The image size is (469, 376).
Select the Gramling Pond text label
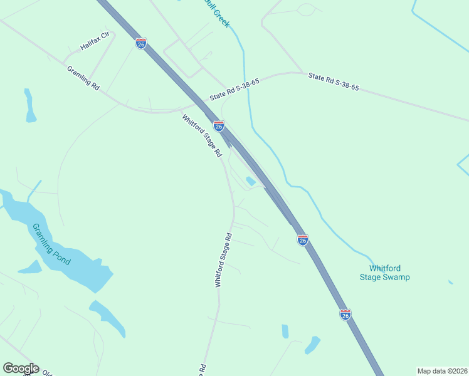click(52, 244)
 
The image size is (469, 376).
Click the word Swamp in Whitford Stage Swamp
click(396, 277)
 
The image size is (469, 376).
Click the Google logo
click(21, 368)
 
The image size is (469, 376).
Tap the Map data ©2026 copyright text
click(442, 371)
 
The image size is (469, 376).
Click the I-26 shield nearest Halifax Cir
click(141, 43)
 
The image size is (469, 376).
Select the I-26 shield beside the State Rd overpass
click(219, 126)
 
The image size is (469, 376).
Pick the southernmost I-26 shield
click(345, 315)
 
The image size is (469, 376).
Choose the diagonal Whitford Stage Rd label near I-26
click(202, 135)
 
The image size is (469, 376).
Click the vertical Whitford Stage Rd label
click(224, 260)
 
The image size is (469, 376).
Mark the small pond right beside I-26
click(251, 182)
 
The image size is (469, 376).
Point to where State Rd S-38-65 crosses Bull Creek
click(246, 81)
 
